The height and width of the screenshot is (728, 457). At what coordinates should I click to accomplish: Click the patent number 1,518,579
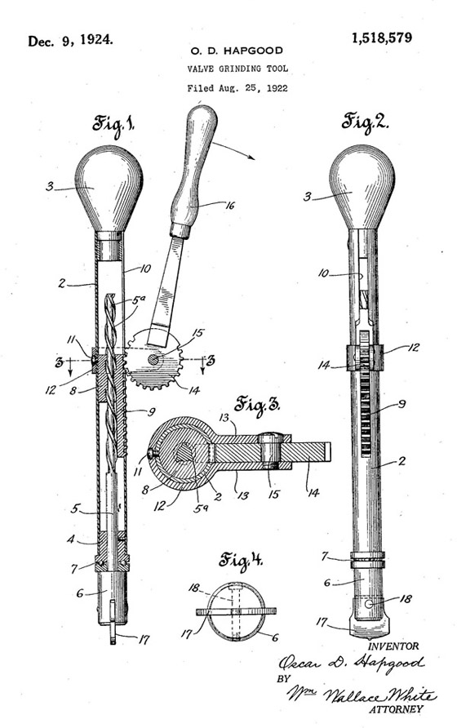pos(381,38)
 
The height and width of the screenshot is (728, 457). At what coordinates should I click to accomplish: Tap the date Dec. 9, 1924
pos(71,41)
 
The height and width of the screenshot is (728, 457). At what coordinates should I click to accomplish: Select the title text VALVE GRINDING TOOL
pos(237,69)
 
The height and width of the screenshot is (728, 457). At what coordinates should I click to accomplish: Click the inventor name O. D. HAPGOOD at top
pos(237,50)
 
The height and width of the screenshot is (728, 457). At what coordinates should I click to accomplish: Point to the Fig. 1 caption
pos(113,124)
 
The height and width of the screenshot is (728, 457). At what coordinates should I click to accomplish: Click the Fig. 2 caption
pos(365,122)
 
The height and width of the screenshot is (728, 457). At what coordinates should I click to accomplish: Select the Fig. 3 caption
pos(257,404)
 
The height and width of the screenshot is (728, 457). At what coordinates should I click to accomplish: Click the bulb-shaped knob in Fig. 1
pos(109,189)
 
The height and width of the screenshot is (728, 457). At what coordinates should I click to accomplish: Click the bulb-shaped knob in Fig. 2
pos(362,187)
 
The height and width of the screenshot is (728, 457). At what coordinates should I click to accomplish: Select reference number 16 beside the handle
pos(229,205)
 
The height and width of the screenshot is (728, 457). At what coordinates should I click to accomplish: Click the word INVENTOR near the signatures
pos(393,646)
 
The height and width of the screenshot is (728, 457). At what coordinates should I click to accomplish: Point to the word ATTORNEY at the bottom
pos(396,709)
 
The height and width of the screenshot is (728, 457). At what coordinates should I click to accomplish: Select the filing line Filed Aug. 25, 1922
pos(237,88)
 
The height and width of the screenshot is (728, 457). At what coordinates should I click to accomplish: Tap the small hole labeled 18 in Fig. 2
pos(368,604)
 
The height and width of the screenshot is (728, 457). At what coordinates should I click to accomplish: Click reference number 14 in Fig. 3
pos(313,493)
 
